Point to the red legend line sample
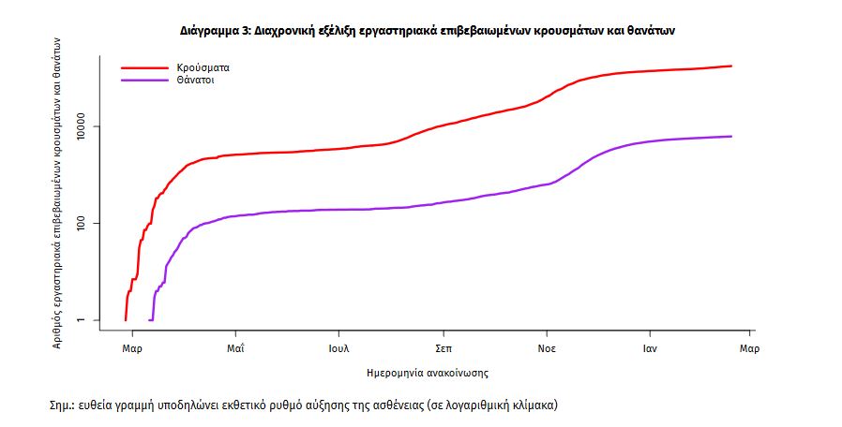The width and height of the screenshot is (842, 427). tap(143, 68)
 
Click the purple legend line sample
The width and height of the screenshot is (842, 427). tap(143, 81)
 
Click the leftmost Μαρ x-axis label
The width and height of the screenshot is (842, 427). tap(132, 349)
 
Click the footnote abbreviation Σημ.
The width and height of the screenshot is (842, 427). tap(62, 406)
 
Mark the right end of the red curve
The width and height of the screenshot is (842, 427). tap(731, 66)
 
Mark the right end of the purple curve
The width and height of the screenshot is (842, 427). tap(731, 137)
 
